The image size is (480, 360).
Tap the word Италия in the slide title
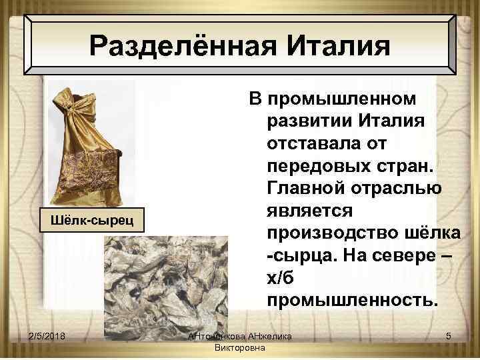337,46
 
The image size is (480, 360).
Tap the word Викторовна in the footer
241,348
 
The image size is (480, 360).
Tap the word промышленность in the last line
353,301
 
